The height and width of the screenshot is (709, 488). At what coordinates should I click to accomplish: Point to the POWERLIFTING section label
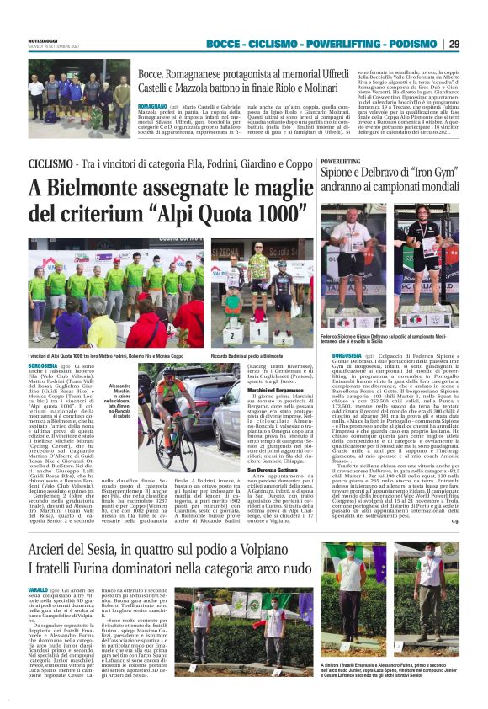coord(340,159)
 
